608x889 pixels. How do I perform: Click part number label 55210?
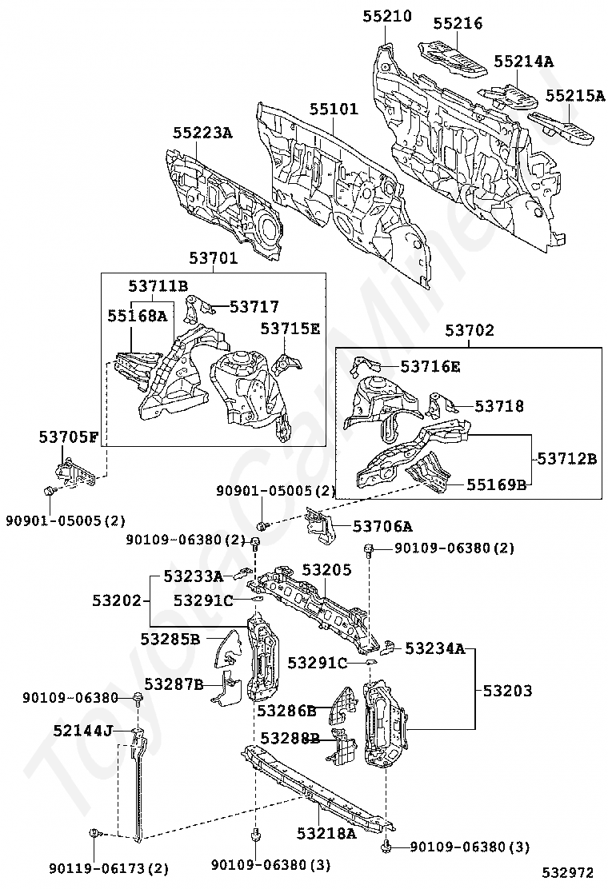pos(387,16)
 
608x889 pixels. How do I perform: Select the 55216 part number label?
pos(458,23)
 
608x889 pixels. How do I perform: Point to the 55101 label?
pos(334,110)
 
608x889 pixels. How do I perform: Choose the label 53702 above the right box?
pos(470,330)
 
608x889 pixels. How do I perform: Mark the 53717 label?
pos(254,306)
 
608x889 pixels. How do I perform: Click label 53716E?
pos(430,366)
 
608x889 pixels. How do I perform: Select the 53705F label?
pos(69,437)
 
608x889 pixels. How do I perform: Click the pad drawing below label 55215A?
pos(562,126)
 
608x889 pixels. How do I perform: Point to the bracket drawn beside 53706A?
pos(322,524)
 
